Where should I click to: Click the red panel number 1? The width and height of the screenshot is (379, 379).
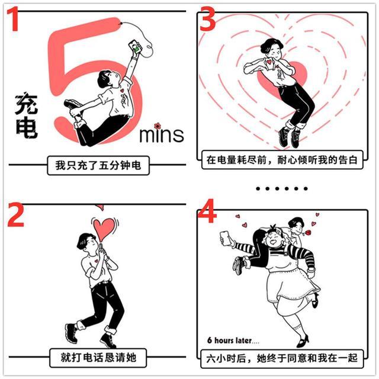point(13,19)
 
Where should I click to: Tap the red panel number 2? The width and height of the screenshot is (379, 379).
point(16,215)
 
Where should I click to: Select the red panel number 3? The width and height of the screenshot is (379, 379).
point(208,19)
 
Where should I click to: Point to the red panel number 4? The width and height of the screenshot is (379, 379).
point(207,211)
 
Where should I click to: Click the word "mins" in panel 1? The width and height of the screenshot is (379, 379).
point(162,135)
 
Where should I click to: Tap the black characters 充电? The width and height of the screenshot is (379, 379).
point(26,115)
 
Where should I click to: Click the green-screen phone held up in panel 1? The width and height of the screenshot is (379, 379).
point(135,47)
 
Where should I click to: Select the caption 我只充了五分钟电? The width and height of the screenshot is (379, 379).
point(98,166)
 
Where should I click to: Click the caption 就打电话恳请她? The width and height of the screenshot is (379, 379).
point(98,358)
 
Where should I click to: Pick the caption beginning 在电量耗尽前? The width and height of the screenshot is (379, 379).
point(282,160)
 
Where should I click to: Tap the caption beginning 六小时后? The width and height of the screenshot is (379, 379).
point(282,358)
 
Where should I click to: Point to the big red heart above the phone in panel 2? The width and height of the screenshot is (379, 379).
point(104,229)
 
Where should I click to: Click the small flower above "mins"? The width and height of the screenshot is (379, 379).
point(158,126)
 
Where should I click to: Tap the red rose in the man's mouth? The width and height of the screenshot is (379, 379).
point(308,233)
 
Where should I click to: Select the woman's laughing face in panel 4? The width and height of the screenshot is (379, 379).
point(274,239)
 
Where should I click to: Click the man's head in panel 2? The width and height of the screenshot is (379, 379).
point(86,243)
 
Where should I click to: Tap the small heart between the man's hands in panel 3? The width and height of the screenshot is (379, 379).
point(269,62)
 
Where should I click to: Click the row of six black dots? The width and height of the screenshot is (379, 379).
point(282,188)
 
